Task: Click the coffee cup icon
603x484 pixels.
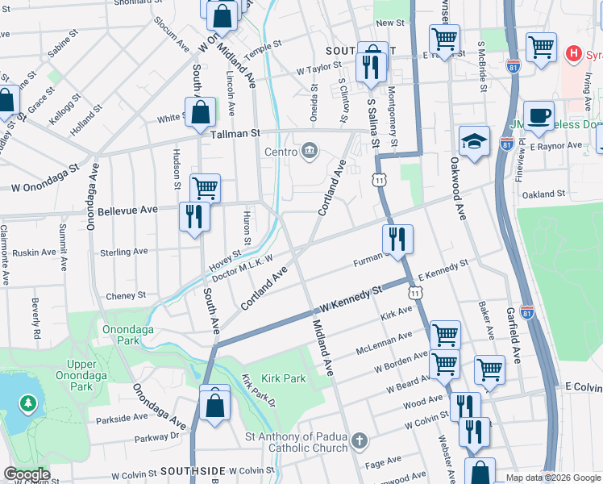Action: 538,115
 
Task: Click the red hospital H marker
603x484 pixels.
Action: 573,55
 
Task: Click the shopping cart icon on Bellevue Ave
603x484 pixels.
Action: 206,188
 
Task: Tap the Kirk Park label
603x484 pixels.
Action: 283,378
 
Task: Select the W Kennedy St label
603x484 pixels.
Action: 350,299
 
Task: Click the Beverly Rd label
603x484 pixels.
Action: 36,319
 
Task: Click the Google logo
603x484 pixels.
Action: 27,474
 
